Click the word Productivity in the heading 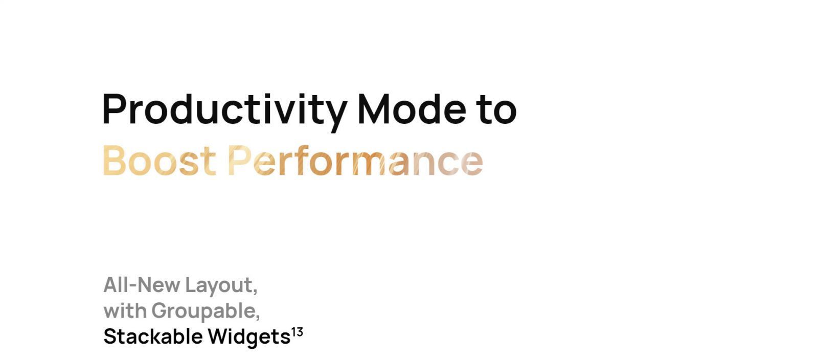tap(224, 111)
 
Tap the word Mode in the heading tap(412, 109)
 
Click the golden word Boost tap(159, 161)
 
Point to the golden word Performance tap(355, 160)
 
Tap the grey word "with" tap(125, 311)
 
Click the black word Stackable tap(153, 336)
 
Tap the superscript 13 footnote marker tap(297, 332)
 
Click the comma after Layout tap(255, 291)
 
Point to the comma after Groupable tap(258, 317)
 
